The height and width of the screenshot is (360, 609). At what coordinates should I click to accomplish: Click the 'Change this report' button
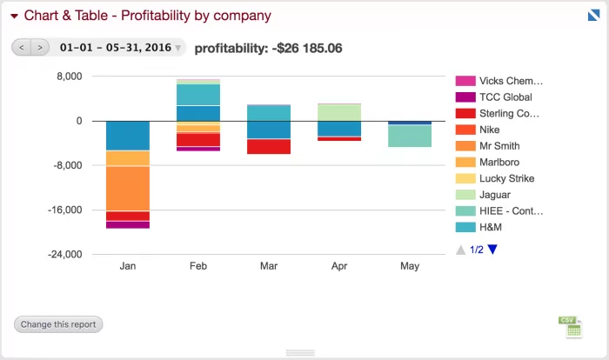(58, 324)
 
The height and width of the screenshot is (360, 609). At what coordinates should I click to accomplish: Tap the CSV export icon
(570, 327)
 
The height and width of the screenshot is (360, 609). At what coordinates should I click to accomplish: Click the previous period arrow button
(22, 47)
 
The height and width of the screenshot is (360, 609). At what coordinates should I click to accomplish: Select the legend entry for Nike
(478, 130)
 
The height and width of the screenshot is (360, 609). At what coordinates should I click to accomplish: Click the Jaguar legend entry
(483, 195)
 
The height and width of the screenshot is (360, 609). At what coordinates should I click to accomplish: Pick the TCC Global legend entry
(493, 97)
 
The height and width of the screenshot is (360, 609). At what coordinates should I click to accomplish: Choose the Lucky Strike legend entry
(495, 178)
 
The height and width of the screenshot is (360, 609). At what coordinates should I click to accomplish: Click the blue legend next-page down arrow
(492, 250)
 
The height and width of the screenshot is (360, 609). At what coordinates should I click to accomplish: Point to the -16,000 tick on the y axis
(65, 210)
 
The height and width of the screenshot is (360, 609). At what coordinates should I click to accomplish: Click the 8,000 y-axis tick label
(70, 77)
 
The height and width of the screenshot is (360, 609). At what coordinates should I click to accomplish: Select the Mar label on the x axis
(269, 266)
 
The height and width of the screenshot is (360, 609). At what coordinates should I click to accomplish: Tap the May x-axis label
(410, 266)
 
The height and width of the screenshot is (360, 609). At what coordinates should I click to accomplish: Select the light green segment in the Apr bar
(339, 113)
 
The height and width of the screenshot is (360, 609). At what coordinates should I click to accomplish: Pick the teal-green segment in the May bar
(410, 136)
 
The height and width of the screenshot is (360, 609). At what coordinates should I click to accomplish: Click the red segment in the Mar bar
(269, 147)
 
